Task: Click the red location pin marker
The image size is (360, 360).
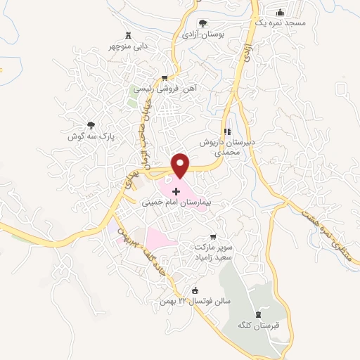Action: click(x=181, y=165)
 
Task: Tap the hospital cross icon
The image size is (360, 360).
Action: click(x=176, y=191)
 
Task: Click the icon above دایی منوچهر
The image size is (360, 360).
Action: click(x=128, y=35)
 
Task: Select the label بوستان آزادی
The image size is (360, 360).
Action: click(x=203, y=33)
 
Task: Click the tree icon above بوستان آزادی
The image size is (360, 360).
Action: click(x=203, y=23)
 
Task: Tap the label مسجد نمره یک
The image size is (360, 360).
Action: click(x=281, y=22)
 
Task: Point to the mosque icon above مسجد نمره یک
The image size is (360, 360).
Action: click(x=281, y=12)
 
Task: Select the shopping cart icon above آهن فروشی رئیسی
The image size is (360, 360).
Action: click(x=165, y=78)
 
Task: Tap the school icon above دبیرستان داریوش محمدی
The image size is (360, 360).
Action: click(x=226, y=131)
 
